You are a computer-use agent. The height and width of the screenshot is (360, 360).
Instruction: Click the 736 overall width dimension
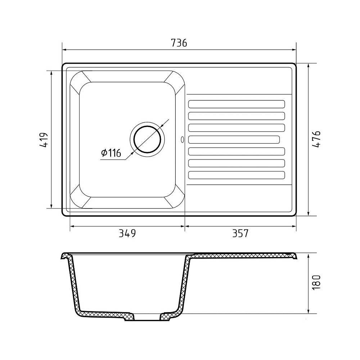point(179,43)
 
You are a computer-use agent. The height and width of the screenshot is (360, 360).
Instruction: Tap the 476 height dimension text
point(316,139)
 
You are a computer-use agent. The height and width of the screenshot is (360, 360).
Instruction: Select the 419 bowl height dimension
point(44,140)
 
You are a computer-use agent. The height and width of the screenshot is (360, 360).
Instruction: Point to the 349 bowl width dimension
point(127,233)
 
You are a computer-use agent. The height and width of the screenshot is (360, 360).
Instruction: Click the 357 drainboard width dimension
point(240,233)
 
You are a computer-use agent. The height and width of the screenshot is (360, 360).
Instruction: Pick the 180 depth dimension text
point(316,282)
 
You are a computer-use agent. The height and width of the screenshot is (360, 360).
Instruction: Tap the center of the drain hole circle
point(147,139)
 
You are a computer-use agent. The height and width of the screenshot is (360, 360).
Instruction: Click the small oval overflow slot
point(182,140)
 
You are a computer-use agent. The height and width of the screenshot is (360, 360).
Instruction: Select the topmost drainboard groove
point(237,104)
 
